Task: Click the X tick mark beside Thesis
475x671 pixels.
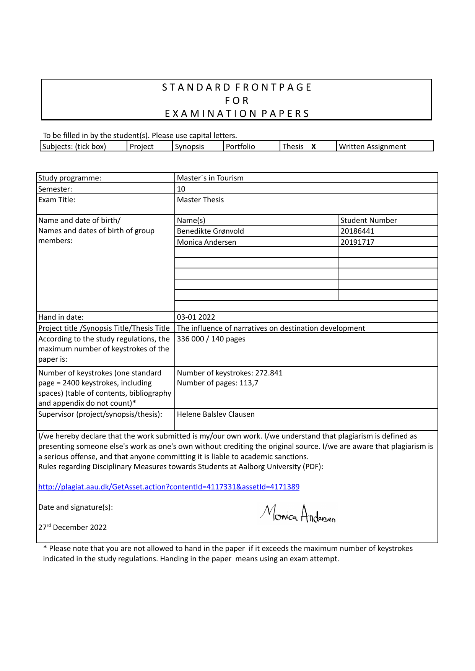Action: pos(314,146)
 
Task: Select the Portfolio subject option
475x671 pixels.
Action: pos(240,146)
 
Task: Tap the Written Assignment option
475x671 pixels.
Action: pos(372,146)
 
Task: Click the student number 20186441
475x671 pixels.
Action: pos(357,231)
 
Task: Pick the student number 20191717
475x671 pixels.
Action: pos(357,242)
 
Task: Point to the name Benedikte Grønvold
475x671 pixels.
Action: pos(210,231)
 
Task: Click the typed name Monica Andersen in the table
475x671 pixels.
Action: pos(207,242)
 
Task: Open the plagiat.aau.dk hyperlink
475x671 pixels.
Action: pos(169,487)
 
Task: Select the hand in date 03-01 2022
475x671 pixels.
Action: pos(196,317)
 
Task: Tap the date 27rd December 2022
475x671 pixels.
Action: pos(72,527)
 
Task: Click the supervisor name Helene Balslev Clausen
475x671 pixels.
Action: pos(216,414)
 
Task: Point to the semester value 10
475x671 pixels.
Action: pos(181,189)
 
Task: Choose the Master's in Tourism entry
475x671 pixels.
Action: pos(210,178)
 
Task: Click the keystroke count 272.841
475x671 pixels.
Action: pos(269,373)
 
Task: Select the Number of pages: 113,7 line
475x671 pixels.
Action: pos(218,383)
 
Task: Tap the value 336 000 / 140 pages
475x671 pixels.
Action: pos(211,339)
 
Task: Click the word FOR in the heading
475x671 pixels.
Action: pos(237,101)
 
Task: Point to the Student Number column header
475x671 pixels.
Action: pos(369,220)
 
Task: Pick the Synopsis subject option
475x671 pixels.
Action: pos(189,146)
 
